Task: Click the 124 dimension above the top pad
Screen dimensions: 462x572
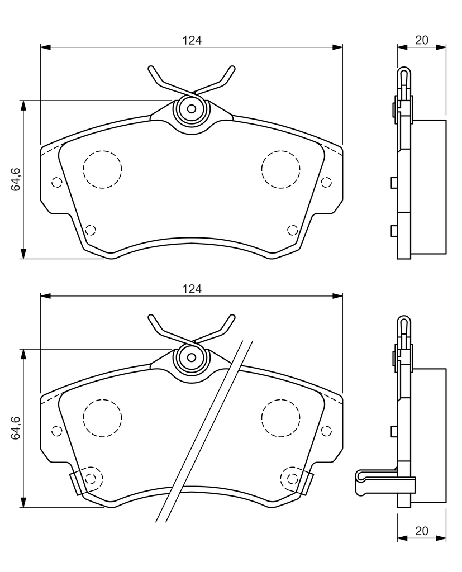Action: pos(192,40)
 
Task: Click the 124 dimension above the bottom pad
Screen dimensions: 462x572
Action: pos(192,289)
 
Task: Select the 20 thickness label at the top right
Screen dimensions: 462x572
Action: pos(421,40)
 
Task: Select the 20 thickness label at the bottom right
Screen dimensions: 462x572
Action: pos(421,531)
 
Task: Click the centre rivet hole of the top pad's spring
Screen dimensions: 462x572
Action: pos(192,109)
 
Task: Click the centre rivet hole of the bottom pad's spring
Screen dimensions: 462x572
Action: pos(192,357)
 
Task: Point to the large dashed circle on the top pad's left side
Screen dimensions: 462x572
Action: pos(102,169)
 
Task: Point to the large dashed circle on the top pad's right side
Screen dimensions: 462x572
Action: pos(280,169)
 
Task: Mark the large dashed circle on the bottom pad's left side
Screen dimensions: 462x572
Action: pos(102,418)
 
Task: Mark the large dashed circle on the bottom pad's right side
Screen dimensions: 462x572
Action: pos(280,418)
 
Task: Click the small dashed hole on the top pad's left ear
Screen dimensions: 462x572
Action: pos(56,182)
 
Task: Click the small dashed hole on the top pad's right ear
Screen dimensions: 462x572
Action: pos(326,182)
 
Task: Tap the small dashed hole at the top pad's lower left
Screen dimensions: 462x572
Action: pos(90,230)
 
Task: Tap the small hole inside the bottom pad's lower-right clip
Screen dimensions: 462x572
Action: pos(292,478)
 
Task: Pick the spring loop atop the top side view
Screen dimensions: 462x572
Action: pos(403,77)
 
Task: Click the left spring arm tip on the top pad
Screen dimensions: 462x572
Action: pos(151,68)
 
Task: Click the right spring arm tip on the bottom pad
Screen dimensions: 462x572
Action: pos(232,317)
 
